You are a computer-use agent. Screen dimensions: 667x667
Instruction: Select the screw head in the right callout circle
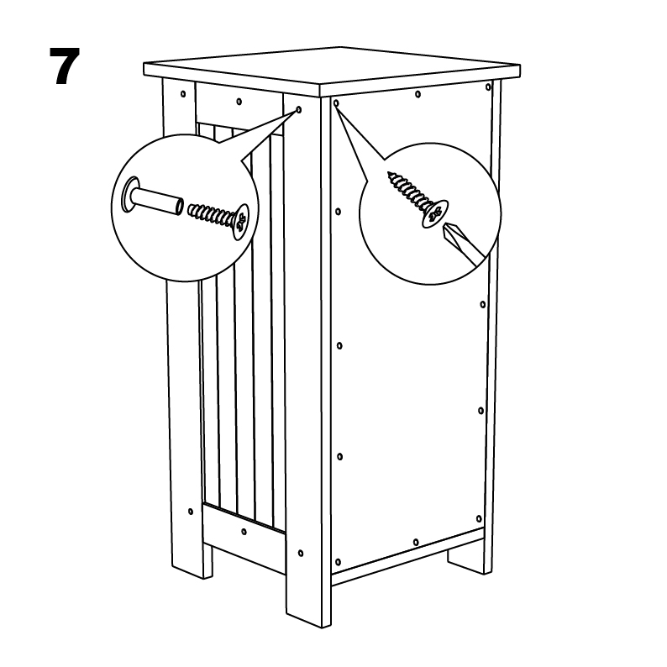click(435, 213)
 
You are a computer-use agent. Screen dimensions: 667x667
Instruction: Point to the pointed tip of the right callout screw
click(389, 173)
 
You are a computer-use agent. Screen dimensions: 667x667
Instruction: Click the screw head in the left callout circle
click(242, 222)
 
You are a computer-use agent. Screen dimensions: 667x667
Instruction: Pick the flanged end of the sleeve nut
click(130, 194)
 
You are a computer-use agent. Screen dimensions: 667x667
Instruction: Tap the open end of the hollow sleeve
click(180, 206)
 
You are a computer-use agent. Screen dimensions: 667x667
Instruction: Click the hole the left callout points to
click(298, 110)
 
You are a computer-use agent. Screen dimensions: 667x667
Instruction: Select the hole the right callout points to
click(336, 103)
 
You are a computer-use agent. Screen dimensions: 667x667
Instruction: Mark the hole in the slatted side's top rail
click(239, 102)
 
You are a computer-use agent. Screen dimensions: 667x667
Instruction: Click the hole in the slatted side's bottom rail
click(244, 531)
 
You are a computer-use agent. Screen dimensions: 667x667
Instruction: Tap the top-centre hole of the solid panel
click(418, 94)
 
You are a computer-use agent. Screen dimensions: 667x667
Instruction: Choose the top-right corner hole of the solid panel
click(488, 87)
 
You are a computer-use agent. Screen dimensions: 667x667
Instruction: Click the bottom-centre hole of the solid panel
click(416, 542)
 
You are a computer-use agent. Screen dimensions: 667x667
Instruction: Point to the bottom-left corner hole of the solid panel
click(339, 562)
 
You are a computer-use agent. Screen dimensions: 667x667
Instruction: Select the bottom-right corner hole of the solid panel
click(479, 518)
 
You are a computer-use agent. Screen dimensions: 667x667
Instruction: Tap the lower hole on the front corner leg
click(301, 553)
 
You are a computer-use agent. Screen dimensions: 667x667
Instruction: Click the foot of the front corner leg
click(308, 604)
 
